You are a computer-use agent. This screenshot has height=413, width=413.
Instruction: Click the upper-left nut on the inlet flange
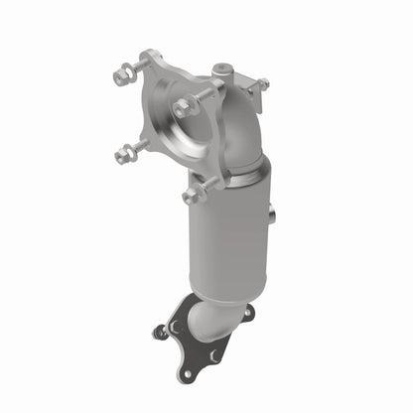pos(122,74)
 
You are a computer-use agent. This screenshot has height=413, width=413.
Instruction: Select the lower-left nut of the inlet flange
pos(122,155)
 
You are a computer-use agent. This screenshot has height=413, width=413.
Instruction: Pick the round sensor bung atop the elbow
pos(223,72)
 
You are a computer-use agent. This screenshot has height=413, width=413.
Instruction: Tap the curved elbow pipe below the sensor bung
pos(238,124)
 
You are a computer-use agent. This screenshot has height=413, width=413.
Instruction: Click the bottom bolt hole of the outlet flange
pos(184,373)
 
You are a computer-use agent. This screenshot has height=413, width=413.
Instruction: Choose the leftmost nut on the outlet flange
pos(159,332)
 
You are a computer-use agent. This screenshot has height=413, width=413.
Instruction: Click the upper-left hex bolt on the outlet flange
pos(176,325)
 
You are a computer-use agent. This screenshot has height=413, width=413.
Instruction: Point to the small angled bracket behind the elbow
pos(256,99)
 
